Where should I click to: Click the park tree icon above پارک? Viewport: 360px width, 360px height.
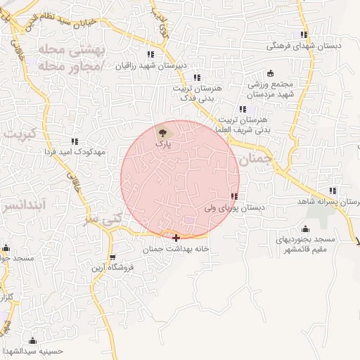(163, 131)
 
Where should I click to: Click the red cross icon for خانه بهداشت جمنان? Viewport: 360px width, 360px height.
(175, 238)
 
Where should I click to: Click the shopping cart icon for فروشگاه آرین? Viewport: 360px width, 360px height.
(113, 256)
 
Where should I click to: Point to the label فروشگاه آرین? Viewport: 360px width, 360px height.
(112, 267)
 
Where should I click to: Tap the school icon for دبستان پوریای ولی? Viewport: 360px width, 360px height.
(233, 197)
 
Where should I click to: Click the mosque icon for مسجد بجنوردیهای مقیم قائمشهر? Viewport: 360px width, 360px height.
(305, 229)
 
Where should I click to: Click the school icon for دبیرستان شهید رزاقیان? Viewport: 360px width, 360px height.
(150, 54)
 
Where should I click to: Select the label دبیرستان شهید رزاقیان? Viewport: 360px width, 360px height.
(150, 65)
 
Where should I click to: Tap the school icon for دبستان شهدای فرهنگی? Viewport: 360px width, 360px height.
(304, 34)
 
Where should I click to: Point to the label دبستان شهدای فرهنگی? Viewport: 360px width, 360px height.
(304, 46)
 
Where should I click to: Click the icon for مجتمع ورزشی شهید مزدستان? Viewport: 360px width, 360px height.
(271, 73)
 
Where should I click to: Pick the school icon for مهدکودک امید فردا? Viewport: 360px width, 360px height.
(75, 141)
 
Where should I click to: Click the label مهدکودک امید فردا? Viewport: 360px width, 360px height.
(75, 152)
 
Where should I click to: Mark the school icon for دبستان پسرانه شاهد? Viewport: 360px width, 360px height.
(333, 191)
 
